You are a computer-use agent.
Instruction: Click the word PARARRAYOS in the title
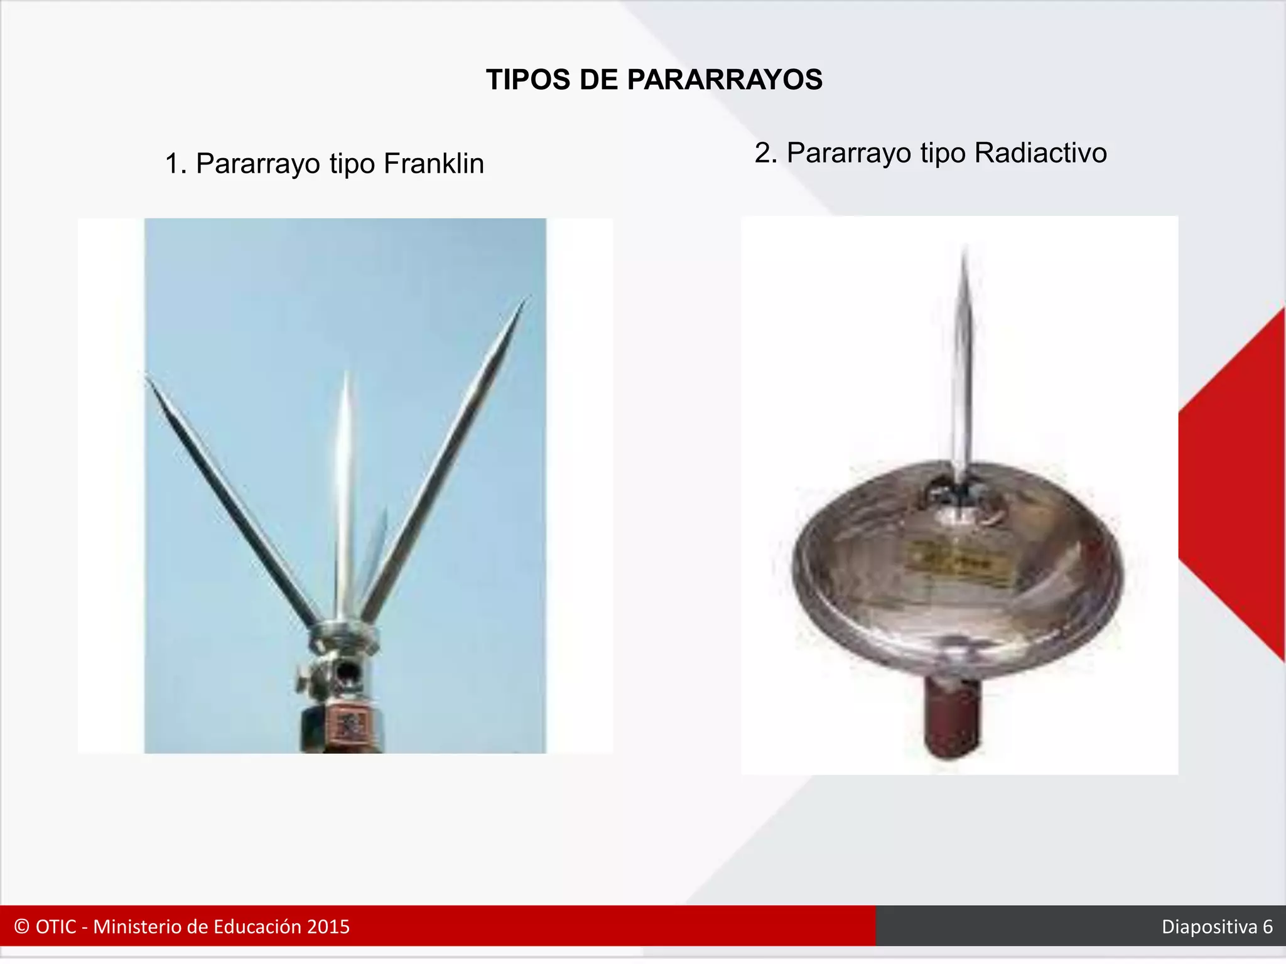(725, 80)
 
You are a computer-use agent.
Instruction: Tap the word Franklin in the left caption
(433, 164)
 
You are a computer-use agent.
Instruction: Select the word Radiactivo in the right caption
(1040, 153)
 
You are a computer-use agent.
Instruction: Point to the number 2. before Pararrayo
(765, 153)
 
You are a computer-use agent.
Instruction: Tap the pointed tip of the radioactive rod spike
(964, 249)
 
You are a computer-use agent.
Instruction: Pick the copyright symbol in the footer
(21, 927)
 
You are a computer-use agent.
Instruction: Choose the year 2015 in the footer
(328, 927)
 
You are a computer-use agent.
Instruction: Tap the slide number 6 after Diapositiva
(1267, 927)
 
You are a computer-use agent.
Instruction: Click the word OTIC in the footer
(56, 927)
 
